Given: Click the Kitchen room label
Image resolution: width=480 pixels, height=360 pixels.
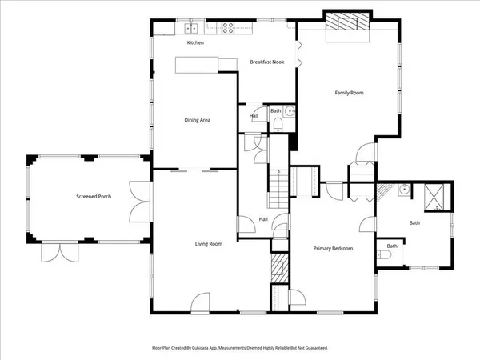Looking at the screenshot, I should pyautogui.click(x=196, y=42).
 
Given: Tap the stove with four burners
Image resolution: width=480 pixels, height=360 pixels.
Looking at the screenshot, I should pyautogui.click(x=227, y=29).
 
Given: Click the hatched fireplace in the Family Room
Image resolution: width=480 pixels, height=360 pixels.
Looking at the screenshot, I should pyautogui.click(x=346, y=24).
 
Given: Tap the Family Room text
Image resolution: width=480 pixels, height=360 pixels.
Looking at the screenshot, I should pyautogui.click(x=349, y=93).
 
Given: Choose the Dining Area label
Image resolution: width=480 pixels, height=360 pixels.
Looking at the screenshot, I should pyautogui.click(x=197, y=120).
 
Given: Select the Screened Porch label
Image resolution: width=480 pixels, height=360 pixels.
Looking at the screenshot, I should pyautogui.click(x=94, y=196).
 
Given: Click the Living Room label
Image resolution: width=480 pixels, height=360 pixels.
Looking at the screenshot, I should pyautogui.click(x=209, y=244).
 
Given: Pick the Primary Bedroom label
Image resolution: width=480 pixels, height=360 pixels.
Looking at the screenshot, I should pyautogui.click(x=333, y=248).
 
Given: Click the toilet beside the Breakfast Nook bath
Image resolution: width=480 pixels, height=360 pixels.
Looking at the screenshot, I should pyautogui.click(x=277, y=123).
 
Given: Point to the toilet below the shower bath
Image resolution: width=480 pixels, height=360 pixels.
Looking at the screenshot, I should pyautogui.click(x=385, y=255).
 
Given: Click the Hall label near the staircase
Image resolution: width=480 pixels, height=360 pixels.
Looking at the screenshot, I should pyautogui.click(x=263, y=219).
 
